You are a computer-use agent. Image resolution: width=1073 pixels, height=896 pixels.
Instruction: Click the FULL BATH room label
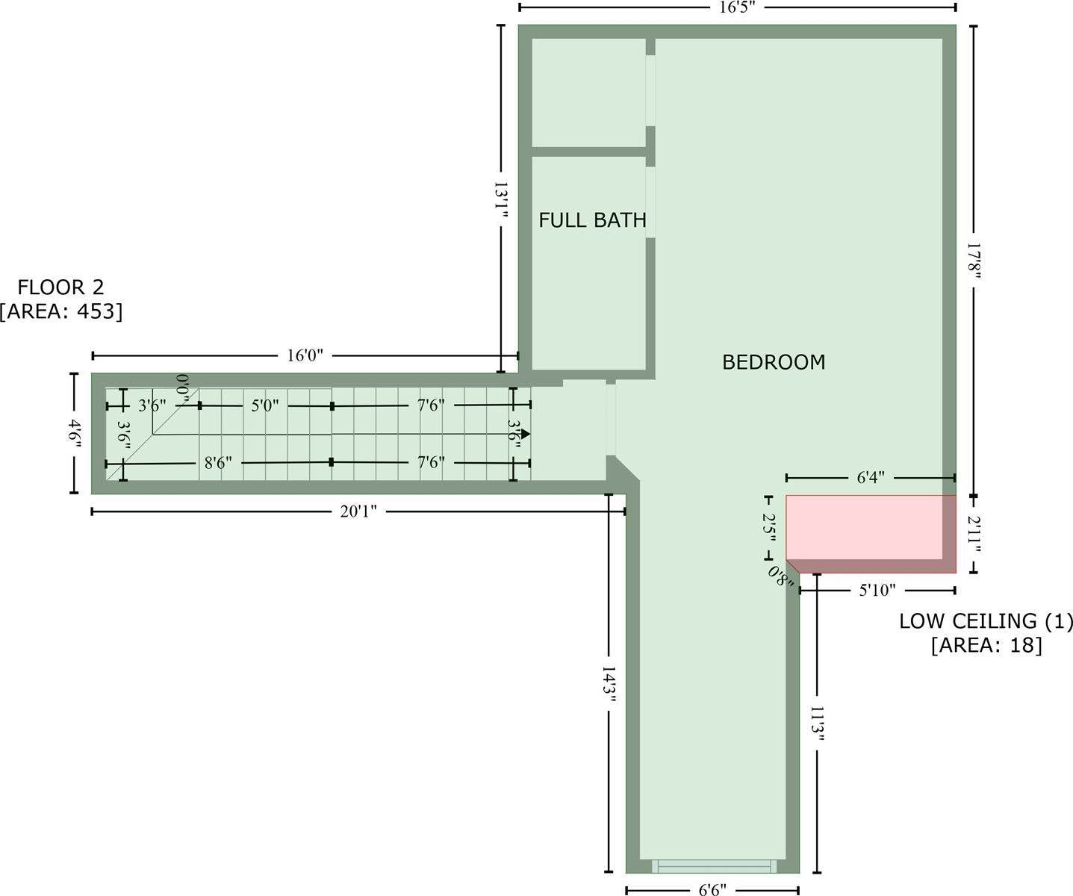tap(592, 220)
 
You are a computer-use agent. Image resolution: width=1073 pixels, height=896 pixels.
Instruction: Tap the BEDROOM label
tap(774, 362)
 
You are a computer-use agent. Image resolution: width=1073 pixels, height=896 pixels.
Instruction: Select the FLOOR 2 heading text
tap(61, 287)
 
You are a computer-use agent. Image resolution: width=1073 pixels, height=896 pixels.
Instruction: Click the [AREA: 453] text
tap(61, 311)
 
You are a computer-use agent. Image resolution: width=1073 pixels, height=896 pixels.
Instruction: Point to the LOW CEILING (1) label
tap(985, 621)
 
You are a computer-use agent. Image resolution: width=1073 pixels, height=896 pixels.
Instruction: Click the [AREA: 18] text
tap(986, 645)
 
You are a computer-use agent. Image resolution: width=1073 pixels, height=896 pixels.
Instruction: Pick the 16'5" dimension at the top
tap(738, 8)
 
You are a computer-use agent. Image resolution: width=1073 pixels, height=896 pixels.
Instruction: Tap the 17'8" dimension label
tap(974, 261)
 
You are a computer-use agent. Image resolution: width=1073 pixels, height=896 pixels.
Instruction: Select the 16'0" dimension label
tap(305, 355)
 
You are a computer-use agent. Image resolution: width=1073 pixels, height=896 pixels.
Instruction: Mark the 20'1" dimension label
tap(359, 511)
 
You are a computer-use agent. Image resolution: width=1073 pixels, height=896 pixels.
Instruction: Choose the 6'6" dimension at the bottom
tap(712, 890)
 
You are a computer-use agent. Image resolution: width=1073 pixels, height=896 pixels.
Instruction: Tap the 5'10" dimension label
tap(877, 591)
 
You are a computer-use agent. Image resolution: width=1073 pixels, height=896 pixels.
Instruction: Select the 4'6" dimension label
tap(74, 433)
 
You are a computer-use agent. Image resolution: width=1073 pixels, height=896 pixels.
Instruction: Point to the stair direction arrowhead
tap(526, 434)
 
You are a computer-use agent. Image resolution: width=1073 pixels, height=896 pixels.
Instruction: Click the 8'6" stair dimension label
tap(218, 463)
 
